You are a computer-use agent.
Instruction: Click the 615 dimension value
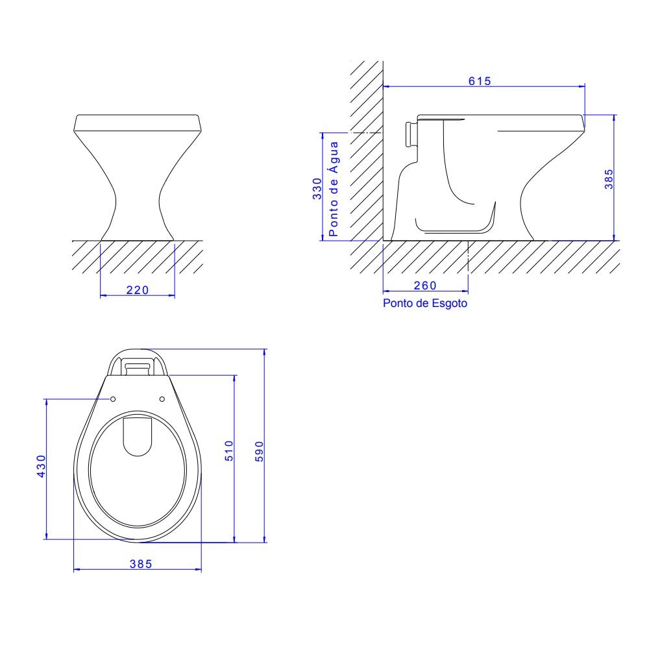click(x=480, y=81)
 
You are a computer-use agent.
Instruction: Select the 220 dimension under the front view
click(x=138, y=290)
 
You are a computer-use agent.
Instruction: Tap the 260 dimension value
click(x=425, y=286)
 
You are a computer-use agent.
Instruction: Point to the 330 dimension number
click(x=317, y=189)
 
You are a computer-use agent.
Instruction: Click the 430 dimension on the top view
click(x=42, y=466)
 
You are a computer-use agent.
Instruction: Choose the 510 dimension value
click(x=229, y=451)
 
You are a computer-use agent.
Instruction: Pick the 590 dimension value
click(x=259, y=452)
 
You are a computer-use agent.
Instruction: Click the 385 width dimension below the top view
click(x=141, y=564)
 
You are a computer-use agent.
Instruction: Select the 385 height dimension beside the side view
click(x=609, y=179)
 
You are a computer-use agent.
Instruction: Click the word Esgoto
click(x=449, y=303)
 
